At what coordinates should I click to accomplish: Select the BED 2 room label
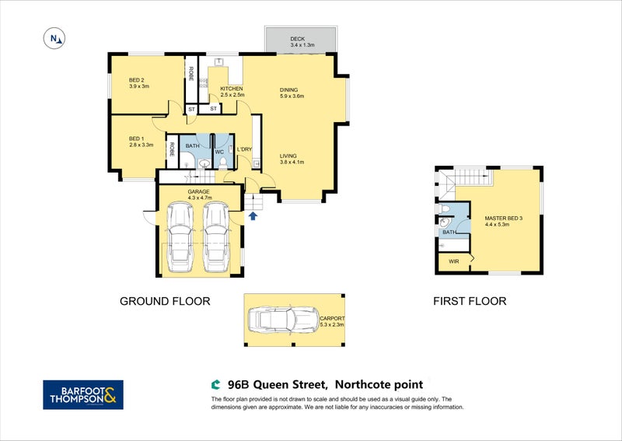point(138,79)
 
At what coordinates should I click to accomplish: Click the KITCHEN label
point(232,89)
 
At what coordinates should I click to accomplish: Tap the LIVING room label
point(288,156)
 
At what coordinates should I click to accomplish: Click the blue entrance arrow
point(253,217)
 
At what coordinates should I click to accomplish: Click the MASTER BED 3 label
point(503,219)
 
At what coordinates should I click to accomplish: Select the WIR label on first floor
point(454,261)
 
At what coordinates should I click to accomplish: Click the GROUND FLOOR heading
point(164,301)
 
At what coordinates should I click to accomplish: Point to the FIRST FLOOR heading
point(470,301)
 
